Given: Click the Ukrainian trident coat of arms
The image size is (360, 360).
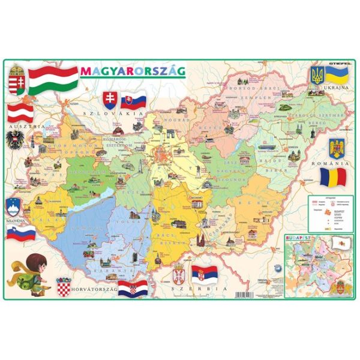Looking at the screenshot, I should (x=316, y=76).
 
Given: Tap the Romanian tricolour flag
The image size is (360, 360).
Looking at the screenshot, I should (x=332, y=177).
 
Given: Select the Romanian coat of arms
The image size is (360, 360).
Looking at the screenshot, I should (x=335, y=148).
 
